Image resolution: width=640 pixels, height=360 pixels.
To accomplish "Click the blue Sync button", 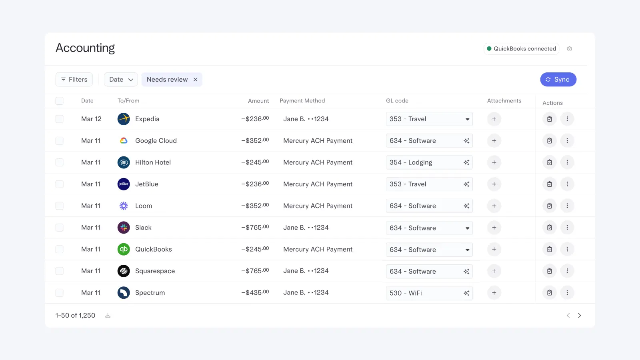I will [558, 80].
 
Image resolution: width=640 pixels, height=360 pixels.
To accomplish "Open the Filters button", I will [74, 80].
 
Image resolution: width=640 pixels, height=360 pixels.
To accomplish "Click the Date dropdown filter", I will [121, 80].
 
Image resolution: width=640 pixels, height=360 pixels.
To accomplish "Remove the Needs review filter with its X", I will [195, 80].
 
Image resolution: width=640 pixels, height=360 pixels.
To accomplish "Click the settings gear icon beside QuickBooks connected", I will [569, 49].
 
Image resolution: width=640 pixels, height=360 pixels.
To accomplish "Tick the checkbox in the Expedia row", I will [60, 119].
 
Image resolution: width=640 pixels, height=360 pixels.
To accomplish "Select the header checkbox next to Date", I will [60, 101].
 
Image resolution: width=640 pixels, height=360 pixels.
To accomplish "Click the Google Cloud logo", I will [124, 141].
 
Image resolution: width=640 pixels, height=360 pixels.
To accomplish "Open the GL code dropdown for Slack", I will [467, 228].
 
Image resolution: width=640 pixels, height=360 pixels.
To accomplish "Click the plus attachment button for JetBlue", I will [494, 184].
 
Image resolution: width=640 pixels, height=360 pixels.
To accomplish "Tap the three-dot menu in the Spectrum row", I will [567, 293].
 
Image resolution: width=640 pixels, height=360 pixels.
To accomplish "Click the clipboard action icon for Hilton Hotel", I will [549, 162].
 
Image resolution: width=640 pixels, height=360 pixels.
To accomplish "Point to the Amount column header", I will [258, 101].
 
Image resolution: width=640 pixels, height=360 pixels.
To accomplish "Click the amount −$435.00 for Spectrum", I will [255, 293].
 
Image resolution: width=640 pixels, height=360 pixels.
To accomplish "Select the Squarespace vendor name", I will [155, 271].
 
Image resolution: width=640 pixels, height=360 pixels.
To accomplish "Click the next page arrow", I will [579, 316].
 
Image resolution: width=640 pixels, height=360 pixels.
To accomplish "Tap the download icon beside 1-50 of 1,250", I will [108, 316].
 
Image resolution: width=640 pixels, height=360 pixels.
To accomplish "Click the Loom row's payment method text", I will [318, 206].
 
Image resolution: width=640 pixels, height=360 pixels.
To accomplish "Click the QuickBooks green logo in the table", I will [124, 249].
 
